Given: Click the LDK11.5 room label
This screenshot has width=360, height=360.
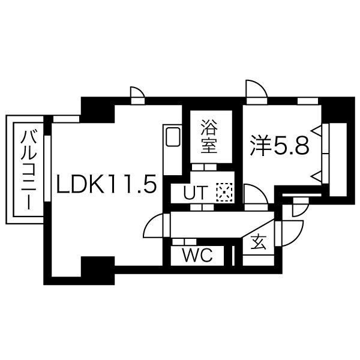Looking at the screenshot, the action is (x=106, y=184).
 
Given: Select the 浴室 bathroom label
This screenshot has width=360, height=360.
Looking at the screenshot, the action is (x=209, y=136).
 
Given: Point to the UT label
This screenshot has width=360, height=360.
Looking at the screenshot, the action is (x=196, y=193).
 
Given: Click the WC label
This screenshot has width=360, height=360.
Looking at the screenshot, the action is (x=197, y=255).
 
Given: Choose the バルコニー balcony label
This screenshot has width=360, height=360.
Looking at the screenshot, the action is (x=28, y=170).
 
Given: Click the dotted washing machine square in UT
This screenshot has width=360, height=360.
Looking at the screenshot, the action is (x=224, y=193).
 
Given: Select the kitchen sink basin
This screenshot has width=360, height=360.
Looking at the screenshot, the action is (x=173, y=137).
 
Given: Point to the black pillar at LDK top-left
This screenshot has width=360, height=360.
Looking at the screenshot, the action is (x=98, y=110).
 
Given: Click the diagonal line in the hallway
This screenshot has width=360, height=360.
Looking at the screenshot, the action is (x=258, y=228).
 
